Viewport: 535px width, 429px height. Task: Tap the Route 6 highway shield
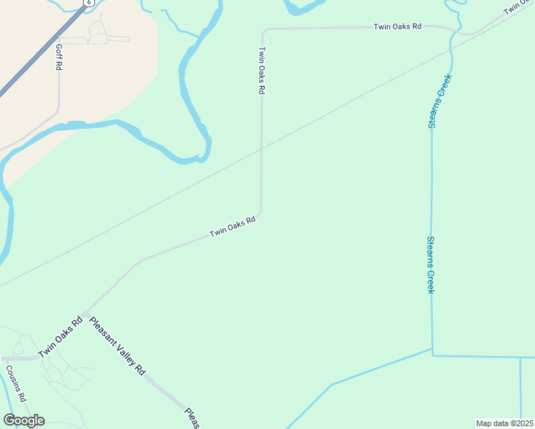click(x=89, y=3)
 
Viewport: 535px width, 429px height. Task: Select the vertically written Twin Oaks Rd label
click(x=262, y=71)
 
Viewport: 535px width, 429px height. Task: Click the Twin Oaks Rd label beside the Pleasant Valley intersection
click(x=61, y=337)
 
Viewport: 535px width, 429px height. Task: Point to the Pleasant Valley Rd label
click(x=117, y=345)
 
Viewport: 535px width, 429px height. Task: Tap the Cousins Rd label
click(x=16, y=383)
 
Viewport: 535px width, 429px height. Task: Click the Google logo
click(x=24, y=420)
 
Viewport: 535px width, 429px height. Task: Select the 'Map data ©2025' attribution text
click(x=504, y=423)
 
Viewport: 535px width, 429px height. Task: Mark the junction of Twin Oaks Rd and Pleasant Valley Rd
click(x=85, y=314)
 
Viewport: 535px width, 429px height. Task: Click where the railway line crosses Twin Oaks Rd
click(x=261, y=149)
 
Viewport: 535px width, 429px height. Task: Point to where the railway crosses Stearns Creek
click(x=451, y=49)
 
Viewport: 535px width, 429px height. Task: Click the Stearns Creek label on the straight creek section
click(x=431, y=264)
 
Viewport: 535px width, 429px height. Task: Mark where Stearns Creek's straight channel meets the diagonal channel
click(x=432, y=350)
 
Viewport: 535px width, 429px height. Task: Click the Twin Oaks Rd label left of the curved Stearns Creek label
click(x=398, y=26)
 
